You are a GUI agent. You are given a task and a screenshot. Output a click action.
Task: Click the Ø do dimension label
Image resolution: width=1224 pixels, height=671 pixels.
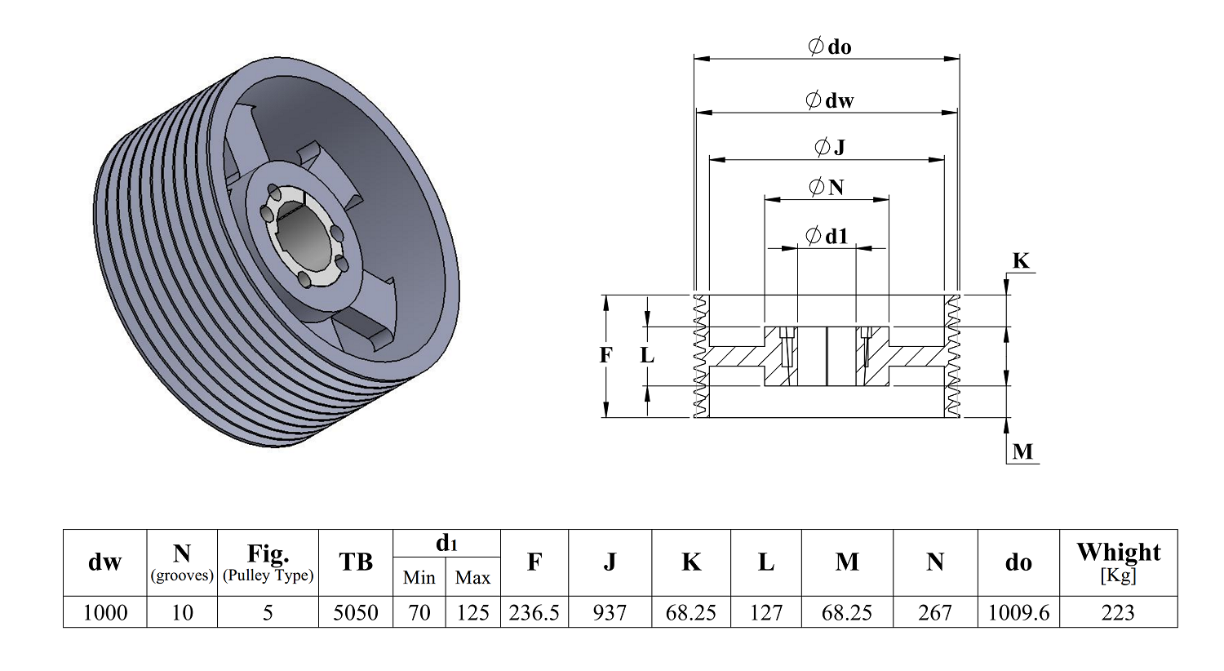coord(830,47)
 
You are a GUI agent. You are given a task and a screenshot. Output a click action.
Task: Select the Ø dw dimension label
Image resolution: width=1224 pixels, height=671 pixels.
coord(830,100)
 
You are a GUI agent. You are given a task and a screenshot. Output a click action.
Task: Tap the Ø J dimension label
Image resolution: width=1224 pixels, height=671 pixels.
coord(830,147)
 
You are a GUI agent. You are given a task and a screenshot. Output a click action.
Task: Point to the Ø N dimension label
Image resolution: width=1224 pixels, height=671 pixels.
coord(827,188)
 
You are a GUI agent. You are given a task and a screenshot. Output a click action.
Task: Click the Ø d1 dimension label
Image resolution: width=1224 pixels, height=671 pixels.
coord(827,236)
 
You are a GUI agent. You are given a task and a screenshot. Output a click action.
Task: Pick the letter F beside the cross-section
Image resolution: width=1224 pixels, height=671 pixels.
coord(605,355)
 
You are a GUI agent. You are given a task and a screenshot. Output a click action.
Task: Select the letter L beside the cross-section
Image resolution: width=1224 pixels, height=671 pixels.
coord(647,355)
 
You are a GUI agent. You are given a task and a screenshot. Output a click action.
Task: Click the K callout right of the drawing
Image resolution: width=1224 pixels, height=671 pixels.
coord(1021,260)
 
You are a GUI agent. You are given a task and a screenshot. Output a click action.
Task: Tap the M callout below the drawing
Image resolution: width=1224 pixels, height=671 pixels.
coord(1022,451)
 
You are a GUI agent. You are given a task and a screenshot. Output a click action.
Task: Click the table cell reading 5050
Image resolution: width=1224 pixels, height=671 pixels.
coord(356,612)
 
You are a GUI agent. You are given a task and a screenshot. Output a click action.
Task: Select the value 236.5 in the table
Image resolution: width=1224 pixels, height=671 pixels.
coord(534,612)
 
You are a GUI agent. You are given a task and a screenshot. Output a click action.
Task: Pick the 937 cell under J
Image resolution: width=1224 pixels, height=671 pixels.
coord(610,612)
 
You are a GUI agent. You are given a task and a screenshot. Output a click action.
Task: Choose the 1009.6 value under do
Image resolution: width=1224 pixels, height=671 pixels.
coord(1018,612)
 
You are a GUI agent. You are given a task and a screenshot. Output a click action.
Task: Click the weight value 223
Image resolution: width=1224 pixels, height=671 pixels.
coord(1118,612)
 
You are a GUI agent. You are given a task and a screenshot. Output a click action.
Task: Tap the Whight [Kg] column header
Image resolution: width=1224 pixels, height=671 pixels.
coord(1118,562)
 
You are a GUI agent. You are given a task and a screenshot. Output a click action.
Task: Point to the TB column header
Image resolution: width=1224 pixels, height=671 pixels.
coord(356,562)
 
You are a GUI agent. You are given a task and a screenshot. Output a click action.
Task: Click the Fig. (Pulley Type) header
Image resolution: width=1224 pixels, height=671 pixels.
coord(268,562)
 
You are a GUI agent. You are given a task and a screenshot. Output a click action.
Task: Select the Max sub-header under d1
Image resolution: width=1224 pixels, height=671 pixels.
coord(472,577)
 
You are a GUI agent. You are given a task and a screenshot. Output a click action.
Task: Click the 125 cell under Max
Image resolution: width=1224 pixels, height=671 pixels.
coord(472,612)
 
